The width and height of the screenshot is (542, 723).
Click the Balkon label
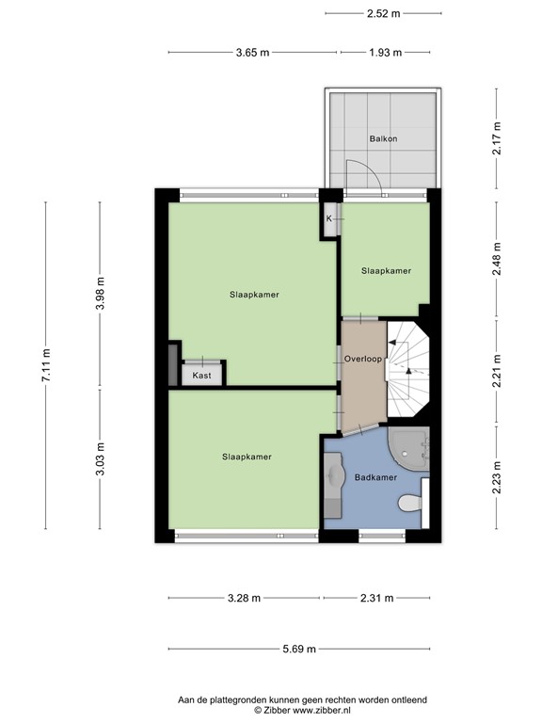click(383, 138)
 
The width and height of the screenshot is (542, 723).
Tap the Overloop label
click(362, 359)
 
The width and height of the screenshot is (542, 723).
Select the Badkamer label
click(375, 478)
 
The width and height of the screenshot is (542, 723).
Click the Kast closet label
click(202, 375)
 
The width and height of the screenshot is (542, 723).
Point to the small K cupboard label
click(329, 218)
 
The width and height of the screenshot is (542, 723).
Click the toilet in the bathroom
click(409, 503)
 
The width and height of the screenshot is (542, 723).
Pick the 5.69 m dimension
click(298, 649)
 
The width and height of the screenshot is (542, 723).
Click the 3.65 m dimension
click(253, 53)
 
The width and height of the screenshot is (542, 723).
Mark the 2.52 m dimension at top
click(383, 13)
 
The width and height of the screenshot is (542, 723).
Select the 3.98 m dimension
click(100, 294)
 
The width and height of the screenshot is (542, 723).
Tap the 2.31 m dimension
click(376, 598)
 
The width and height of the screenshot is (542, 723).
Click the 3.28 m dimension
click(244, 598)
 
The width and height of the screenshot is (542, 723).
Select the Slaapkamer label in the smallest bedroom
click(386, 271)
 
